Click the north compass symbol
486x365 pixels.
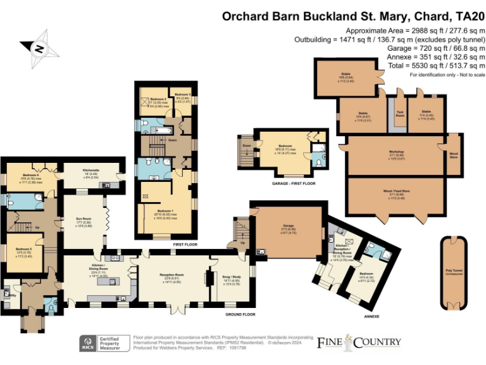(x=39, y=48)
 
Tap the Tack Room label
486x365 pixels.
(x=400, y=115)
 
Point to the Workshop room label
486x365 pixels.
(x=396, y=155)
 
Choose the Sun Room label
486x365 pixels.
(x=84, y=224)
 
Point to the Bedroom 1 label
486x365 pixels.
(x=165, y=212)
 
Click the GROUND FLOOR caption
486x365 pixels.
(x=241, y=314)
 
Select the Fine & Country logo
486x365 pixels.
(x=359, y=343)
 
